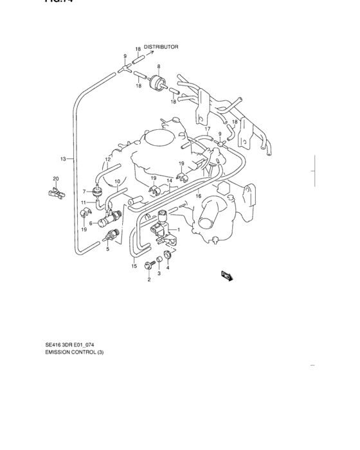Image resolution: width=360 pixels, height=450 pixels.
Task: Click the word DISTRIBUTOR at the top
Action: [161, 47]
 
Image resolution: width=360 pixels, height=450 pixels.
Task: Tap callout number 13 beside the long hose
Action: [63, 158]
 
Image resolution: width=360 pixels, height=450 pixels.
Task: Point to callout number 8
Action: [159, 66]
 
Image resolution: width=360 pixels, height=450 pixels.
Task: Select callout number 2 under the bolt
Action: [148, 280]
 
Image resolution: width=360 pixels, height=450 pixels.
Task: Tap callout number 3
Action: [159, 273]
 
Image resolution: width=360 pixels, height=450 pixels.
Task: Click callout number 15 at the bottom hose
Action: [134, 265]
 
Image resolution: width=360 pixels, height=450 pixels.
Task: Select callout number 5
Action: [109, 249]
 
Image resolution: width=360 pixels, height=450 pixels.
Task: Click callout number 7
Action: [84, 191]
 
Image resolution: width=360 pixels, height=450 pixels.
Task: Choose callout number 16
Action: [199, 196]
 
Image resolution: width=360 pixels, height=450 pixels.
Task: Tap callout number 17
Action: [207, 129]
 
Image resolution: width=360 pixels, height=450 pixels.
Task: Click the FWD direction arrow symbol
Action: [226, 276]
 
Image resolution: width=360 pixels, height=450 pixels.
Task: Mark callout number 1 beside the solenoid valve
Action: [179, 230]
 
